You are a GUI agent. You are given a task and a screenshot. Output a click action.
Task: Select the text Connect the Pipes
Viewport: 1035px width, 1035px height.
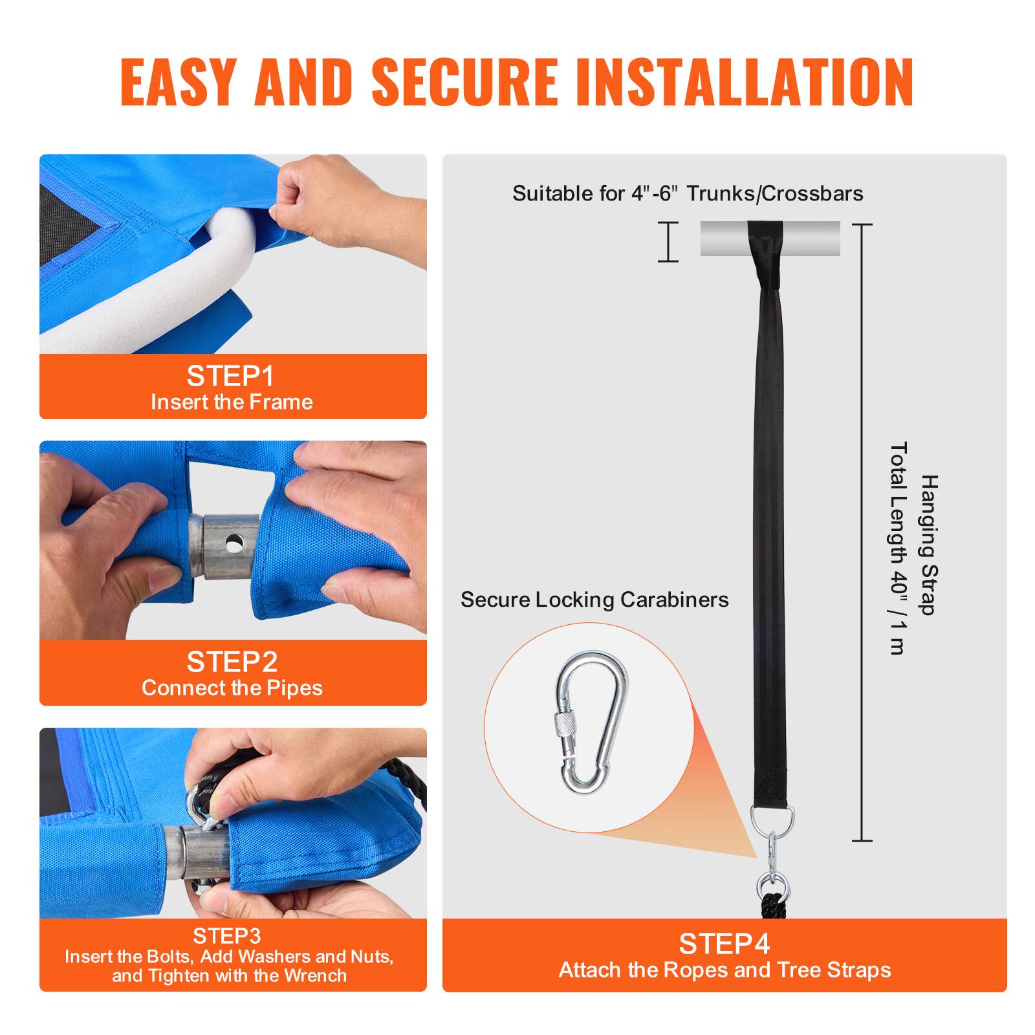(x=232, y=688)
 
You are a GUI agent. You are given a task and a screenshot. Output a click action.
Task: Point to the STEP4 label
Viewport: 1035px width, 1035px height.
(x=724, y=944)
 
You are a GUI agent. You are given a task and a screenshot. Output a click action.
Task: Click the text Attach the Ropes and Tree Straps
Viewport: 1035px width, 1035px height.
(x=724, y=970)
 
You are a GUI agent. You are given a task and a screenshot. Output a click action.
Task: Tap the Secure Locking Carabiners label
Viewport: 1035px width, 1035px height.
(x=594, y=600)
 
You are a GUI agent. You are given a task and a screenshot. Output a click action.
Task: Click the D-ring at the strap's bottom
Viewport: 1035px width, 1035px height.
(x=772, y=819)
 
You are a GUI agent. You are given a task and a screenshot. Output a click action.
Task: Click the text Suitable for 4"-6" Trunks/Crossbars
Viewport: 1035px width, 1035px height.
(x=688, y=193)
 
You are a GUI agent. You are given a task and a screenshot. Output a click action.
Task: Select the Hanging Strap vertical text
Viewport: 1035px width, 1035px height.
(x=929, y=545)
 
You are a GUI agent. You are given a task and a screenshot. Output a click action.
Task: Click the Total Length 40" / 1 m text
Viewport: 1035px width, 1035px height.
(x=899, y=548)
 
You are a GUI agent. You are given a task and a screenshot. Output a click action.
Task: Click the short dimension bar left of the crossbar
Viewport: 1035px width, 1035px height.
(x=668, y=242)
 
